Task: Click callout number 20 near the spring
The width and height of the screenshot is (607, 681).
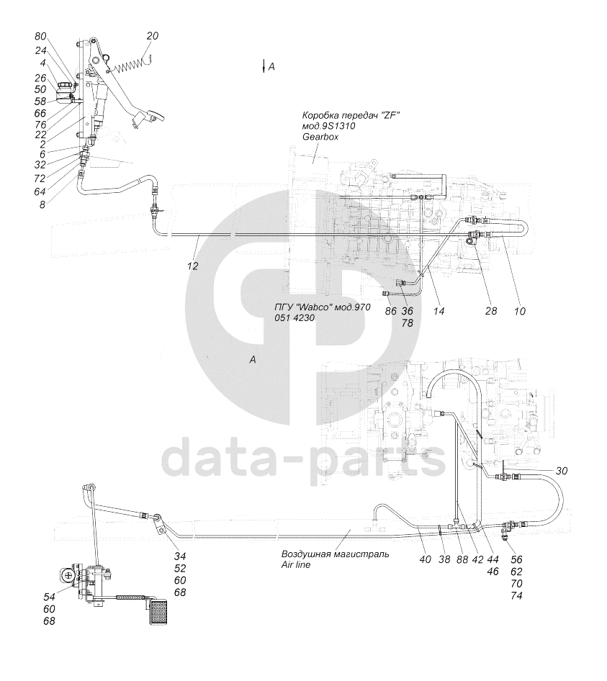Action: click(x=152, y=36)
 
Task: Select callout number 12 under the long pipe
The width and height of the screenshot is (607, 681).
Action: click(x=192, y=266)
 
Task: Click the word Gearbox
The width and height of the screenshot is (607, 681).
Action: click(x=320, y=137)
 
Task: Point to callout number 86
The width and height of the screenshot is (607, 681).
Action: click(x=390, y=311)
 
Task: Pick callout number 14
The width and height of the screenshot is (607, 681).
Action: click(x=439, y=311)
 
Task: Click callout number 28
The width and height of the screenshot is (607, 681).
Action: click(x=490, y=311)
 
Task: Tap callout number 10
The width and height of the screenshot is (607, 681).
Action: click(x=519, y=311)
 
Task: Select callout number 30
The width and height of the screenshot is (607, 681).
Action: click(x=562, y=471)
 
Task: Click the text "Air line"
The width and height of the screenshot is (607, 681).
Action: click(x=296, y=564)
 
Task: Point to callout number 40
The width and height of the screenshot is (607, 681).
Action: click(x=425, y=559)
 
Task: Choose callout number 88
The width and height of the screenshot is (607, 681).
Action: click(x=462, y=559)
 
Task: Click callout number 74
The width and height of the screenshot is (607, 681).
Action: click(x=516, y=595)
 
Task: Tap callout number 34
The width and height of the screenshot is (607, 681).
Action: click(x=179, y=556)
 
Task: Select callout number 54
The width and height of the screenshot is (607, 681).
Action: click(x=49, y=597)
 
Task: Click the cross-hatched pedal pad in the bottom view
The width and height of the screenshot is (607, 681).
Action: click(x=158, y=613)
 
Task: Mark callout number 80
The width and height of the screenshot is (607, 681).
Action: click(x=40, y=37)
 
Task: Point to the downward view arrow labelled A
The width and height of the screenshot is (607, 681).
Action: click(x=264, y=66)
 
